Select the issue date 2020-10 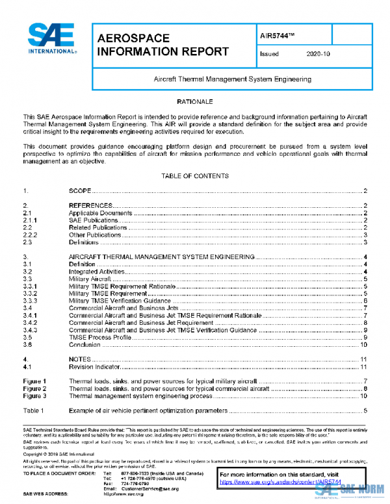[x=318, y=55]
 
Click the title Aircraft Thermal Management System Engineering [x=232, y=79]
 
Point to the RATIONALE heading [x=195, y=102]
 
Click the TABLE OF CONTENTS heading [x=195, y=175]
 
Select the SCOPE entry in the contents [x=80, y=192]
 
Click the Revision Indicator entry [x=94, y=366]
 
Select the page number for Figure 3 [x=365, y=395]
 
